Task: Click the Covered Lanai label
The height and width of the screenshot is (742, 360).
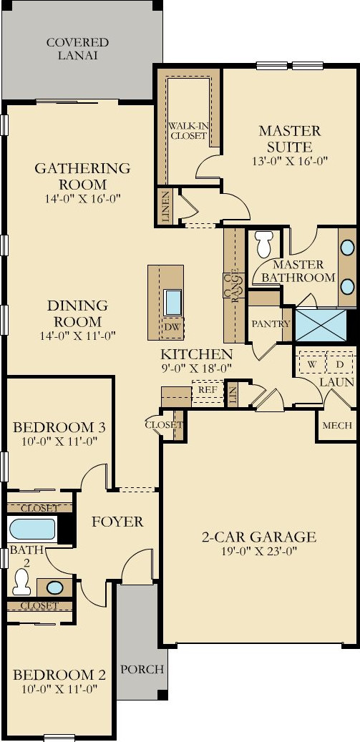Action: pyautogui.click(x=77, y=49)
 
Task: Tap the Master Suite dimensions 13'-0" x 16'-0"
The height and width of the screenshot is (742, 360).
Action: pyautogui.click(x=289, y=161)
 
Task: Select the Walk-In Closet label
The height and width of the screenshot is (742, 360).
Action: pyautogui.click(x=188, y=131)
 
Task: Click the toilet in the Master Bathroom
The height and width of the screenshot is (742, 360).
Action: pyautogui.click(x=263, y=245)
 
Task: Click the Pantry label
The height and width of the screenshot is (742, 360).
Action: pyautogui.click(x=271, y=323)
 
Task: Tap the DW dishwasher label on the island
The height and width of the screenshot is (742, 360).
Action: pyautogui.click(x=172, y=327)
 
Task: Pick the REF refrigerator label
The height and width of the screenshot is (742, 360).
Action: pyautogui.click(x=208, y=389)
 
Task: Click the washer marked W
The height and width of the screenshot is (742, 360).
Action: pyautogui.click(x=312, y=363)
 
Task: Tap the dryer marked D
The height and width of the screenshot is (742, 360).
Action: pyautogui.click(x=339, y=363)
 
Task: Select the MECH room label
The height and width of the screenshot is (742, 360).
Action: pyautogui.click(x=337, y=425)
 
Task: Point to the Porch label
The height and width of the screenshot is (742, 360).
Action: pyautogui.click(x=141, y=670)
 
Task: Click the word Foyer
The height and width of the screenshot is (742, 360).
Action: pyautogui.click(x=117, y=522)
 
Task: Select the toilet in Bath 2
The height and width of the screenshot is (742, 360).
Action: pyautogui.click(x=21, y=583)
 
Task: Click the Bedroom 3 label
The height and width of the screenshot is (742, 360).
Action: pyautogui.click(x=59, y=427)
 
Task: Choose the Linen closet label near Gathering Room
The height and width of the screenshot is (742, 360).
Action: pyautogui.click(x=165, y=206)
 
